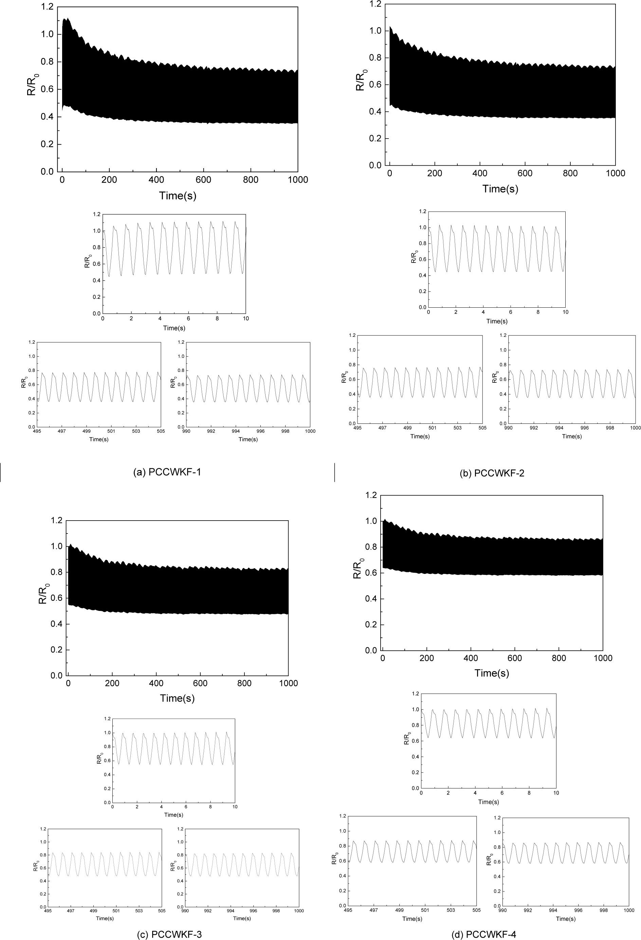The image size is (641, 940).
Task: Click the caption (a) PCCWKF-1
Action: click(167, 472)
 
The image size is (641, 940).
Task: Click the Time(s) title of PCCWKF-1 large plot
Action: click(178, 196)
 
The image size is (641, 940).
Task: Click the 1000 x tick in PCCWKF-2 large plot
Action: click(616, 174)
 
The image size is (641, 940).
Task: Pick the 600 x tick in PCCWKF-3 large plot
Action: click(200, 684)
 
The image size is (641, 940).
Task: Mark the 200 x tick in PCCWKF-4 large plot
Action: click(427, 658)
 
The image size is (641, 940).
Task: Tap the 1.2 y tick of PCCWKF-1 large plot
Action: click(47, 6)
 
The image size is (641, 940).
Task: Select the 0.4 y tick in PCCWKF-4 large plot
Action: click(371, 599)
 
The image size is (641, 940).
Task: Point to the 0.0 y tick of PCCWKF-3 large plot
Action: click(57, 675)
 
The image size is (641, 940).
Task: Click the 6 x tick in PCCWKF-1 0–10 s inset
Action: click(188, 318)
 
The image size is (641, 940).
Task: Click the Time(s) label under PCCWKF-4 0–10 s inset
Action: click(489, 802)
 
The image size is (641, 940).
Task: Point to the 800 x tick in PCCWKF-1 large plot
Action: click(251, 180)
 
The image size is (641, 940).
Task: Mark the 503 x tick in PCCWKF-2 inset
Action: click(457, 428)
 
